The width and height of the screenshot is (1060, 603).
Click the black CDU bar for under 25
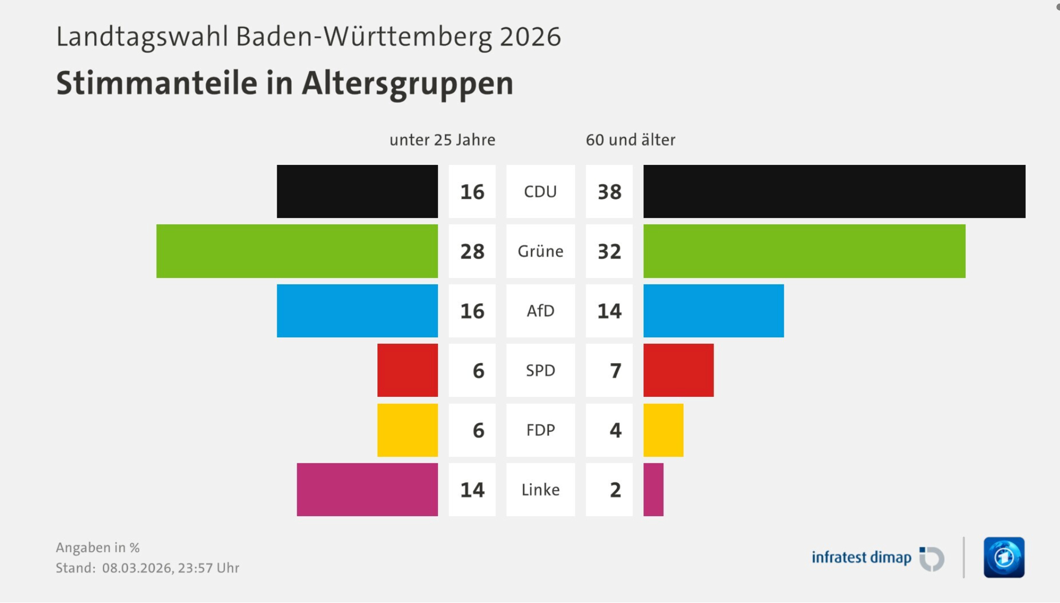click(357, 191)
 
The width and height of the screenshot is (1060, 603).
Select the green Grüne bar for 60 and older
click(804, 251)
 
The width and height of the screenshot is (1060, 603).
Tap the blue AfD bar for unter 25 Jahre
click(357, 311)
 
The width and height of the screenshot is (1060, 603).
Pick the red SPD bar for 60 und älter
click(678, 370)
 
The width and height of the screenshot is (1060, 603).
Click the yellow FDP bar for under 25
click(407, 430)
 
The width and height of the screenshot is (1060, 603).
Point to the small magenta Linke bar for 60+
click(653, 489)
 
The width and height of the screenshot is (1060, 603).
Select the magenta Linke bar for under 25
click(367, 489)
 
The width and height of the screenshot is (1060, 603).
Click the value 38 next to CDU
click(609, 192)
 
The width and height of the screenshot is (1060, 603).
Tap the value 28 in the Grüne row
click(472, 251)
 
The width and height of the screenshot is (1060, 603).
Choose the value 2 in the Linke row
click(615, 489)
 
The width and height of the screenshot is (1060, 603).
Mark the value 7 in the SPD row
click(615, 371)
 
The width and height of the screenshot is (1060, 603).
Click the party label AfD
click(540, 311)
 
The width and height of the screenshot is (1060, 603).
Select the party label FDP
click(540, 430)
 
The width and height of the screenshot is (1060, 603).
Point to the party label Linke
click(540, 489)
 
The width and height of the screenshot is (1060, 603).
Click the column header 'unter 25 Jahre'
click(442, 140)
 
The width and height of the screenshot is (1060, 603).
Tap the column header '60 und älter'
click(630, 140)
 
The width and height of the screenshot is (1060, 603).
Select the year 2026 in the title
click(530, 37)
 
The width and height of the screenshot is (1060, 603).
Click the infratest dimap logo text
click(861, 557)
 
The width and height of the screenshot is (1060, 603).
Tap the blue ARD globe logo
click(1004, 557)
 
